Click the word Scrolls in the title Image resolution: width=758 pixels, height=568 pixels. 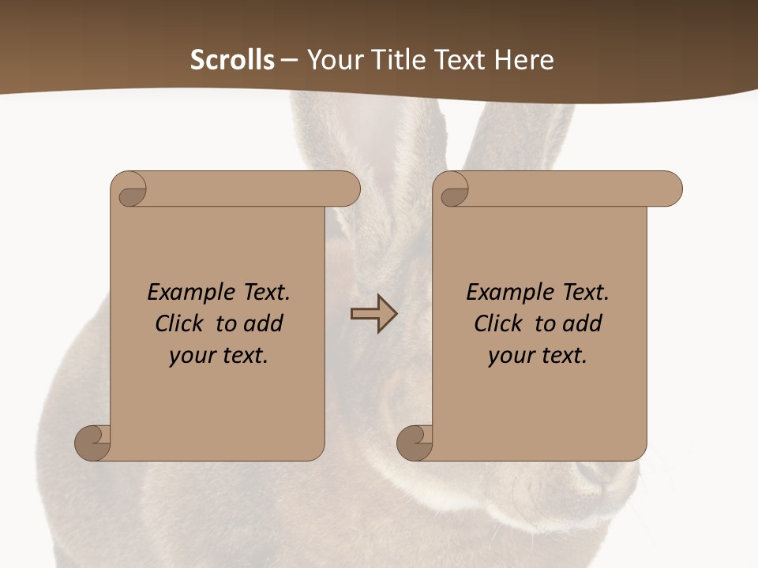[232, 60]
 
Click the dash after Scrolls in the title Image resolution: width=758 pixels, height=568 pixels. [289, 61]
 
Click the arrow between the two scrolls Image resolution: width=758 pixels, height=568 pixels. [373, 314]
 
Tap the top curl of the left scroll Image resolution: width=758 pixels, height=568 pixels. [129, 190]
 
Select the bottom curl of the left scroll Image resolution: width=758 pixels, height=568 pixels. [92, 443]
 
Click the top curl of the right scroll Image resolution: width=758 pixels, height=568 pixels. [452, 190]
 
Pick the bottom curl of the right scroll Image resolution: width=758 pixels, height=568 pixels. [415, 443]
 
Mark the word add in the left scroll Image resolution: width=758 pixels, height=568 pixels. [264, 323]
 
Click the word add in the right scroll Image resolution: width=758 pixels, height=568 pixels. [583, 323]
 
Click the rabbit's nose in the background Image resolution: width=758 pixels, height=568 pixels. [592, 472]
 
